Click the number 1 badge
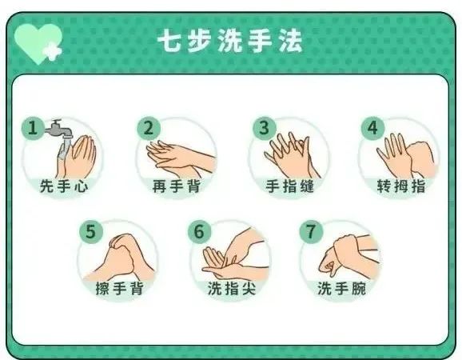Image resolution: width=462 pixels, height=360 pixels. click(x=33, y=128)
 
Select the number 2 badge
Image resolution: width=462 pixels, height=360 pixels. click(x=148, y=128)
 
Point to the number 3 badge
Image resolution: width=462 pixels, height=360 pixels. click(x=261, y=128)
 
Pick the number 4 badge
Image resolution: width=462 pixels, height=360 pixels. click(x=371, y=128)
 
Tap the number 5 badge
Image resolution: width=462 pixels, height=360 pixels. click(x=90, y=231)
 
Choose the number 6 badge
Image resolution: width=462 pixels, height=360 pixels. click(x=200, y=231)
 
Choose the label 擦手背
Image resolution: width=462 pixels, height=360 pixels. click(x=118, y=289)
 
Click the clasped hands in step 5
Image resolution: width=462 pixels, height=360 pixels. click(x=120, y=254)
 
